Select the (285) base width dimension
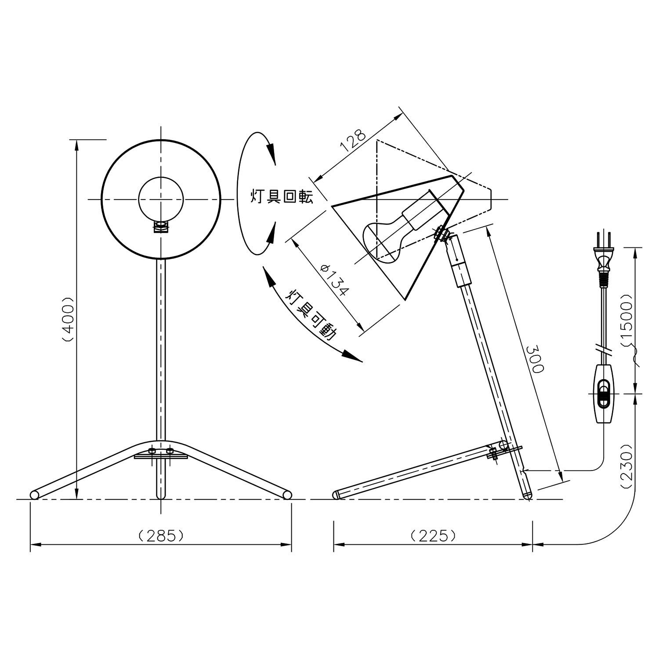(x=160, y=535)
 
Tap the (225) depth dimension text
(x=433, y=535)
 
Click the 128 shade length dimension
(x=353, y=140)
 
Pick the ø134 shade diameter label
(x=335, y=280)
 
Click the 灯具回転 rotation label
(x=282, y=196)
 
